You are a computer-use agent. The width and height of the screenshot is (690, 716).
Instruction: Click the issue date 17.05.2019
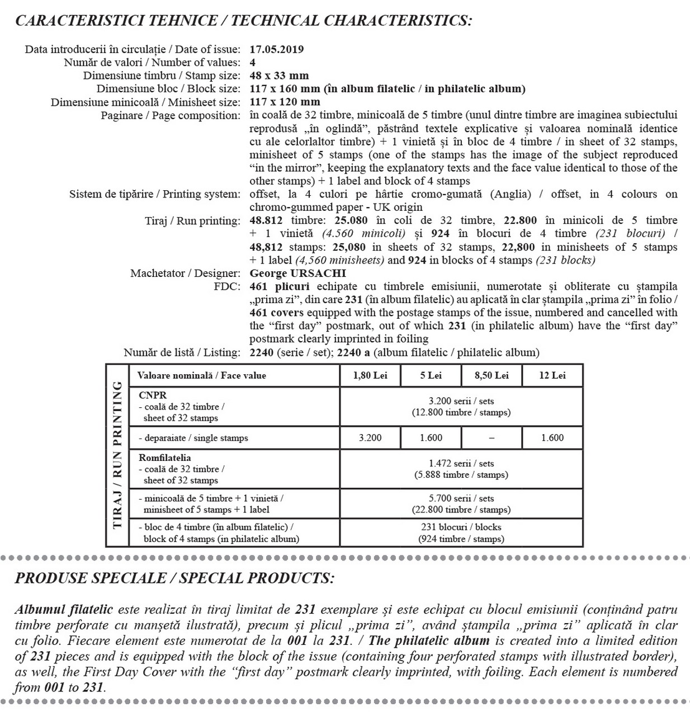(276, 49)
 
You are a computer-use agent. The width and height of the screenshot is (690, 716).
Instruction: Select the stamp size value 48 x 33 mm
(279, 76)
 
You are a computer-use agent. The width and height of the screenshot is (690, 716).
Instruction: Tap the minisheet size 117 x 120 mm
(285, 102)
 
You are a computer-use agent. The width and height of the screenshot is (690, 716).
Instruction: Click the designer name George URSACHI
(297, 274)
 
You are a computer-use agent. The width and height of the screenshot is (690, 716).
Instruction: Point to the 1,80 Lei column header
(370, 375)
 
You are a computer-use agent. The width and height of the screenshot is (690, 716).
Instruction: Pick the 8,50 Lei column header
(491, 375)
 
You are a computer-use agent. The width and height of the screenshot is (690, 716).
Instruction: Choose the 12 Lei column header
(552, 375)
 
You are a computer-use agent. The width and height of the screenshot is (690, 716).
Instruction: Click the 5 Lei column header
(431, 375)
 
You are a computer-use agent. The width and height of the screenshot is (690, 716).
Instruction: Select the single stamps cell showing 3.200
(370, 438)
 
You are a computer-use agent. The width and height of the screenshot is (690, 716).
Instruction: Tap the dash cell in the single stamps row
(491, 438)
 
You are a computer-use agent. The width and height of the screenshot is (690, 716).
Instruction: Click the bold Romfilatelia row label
(165, 458)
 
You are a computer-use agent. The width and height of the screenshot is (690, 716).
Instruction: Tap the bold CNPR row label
(153, 395)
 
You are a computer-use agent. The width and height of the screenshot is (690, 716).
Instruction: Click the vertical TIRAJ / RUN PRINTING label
(117, 455)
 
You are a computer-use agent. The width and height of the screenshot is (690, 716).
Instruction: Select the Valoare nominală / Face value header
(201, 375)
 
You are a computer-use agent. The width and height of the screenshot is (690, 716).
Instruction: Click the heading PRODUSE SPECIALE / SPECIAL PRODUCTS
(174, 578)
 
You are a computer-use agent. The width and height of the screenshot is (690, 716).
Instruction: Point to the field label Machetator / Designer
(185, 274)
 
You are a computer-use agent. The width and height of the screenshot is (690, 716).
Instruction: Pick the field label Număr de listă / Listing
(182, 352)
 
